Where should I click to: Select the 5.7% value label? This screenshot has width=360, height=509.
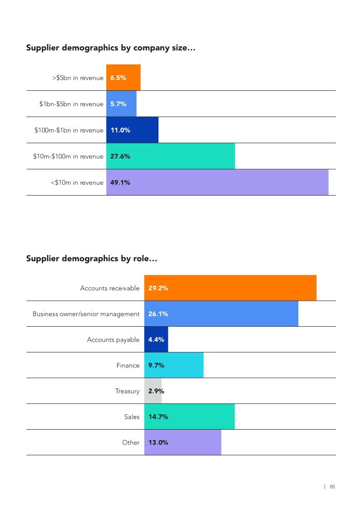coord(118,104)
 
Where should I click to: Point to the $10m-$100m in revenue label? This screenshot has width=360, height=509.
coord(68,157)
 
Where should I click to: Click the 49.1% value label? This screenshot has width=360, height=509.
coord(120,183)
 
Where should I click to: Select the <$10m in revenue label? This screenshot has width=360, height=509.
coord(77,183)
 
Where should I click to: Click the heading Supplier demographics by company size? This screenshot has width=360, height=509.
coord(110,48)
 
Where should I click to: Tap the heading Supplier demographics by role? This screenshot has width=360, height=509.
coord(91,259)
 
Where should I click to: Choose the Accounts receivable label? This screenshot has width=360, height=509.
coord(110,288)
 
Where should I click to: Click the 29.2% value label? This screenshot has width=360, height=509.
coord(158,288)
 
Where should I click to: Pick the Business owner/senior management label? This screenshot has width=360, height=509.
coord(86,314)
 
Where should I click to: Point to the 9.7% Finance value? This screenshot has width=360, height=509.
coord(156,365)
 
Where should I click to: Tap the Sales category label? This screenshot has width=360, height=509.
coord(132,417)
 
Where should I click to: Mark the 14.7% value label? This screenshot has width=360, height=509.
coord(158,417)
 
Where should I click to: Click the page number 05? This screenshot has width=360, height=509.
coord(332,487)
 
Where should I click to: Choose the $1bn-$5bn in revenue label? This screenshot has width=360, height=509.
coord(71,104)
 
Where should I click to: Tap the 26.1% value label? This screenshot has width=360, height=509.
coord(158,314)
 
